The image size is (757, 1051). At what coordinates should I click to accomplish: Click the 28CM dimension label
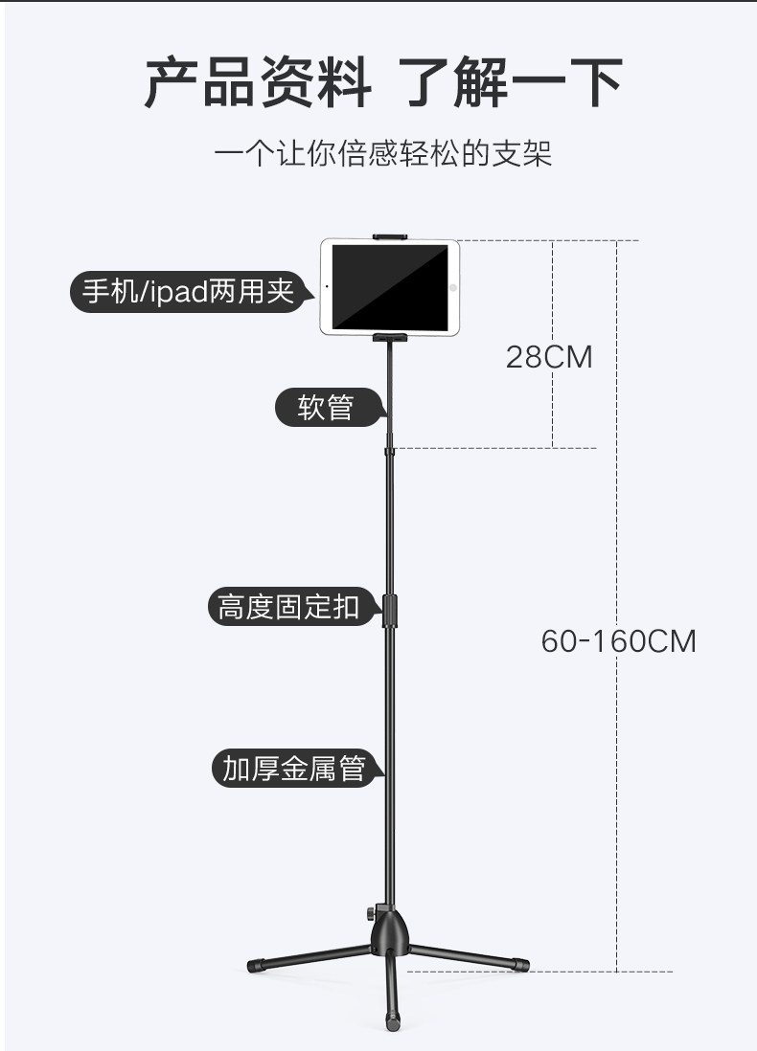[549, 357]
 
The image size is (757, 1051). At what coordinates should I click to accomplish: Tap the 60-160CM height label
[618, 640]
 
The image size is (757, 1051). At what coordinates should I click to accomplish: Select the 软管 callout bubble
[326, 408]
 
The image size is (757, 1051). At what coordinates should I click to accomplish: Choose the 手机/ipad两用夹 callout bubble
[188, 291]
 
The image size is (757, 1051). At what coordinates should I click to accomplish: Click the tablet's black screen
[389, 286]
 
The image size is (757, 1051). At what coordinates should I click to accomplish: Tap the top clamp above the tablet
[389, 235]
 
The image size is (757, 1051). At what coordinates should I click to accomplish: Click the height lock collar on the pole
[390, 610]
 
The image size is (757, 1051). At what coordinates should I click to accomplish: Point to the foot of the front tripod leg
[392, 1022]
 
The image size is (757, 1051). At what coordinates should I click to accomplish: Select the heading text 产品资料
[258, 83]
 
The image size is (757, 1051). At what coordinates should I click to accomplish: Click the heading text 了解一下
[510, 83]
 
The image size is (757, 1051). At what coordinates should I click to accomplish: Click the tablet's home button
[451, 286]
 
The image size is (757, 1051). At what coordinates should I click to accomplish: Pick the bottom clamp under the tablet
[389, 338]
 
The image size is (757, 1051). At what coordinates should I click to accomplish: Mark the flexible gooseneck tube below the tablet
[390, 392]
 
